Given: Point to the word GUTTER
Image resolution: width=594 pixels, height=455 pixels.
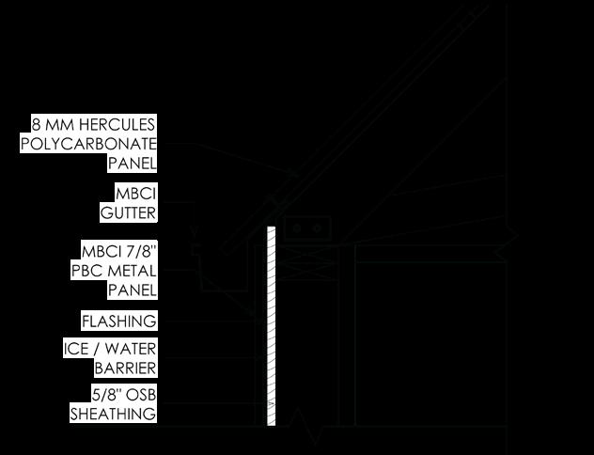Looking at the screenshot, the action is (129, 212).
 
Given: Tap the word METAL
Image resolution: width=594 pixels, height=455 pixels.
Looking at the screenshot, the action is (131, 271).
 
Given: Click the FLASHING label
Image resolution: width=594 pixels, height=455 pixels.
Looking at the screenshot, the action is (118, 321).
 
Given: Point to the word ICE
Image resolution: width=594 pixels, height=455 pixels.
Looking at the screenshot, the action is (76, 349).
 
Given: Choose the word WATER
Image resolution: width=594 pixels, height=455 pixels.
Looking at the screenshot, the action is (132, 349).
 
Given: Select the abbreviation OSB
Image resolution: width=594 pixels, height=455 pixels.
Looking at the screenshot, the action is (135, 395).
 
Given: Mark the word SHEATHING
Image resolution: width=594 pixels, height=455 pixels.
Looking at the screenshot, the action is (113, 414).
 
